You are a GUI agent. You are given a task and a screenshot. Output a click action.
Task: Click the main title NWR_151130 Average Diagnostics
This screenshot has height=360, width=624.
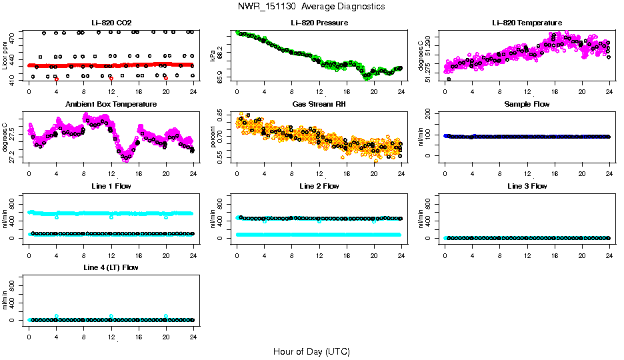[x=311, y=7]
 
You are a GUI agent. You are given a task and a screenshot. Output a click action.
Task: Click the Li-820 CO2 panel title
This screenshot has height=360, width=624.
[x=111, y=23]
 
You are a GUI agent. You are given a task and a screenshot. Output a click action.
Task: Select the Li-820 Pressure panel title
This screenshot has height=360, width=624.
[x=319, y=23]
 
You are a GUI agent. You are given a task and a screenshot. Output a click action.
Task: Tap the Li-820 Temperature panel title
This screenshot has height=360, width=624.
[x=527, y=23]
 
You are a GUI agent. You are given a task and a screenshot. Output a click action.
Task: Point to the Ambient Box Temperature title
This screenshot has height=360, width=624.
[x=111, y=105]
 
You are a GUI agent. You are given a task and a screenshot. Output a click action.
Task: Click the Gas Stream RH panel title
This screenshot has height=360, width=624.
[x=319, y=105]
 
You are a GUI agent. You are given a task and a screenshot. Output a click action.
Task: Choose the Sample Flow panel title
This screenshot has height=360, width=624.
[x=527, y=105]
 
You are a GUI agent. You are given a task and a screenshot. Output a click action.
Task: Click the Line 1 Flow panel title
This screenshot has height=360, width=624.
[x=111, y=186]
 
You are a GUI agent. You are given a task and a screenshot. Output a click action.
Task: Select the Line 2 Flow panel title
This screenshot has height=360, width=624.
[x=319, y=186]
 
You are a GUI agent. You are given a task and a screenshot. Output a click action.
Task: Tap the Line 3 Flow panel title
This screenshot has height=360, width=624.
[x=527, y=186]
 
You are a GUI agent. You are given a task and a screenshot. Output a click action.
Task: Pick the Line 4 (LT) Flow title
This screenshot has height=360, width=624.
[x=111, y=267]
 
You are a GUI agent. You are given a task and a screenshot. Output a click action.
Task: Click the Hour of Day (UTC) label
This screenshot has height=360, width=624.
[x=311, y=351]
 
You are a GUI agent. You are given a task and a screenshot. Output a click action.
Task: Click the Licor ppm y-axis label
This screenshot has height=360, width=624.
[x=5, y=55]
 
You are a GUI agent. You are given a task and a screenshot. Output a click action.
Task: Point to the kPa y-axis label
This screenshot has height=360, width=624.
[x=213, y=55]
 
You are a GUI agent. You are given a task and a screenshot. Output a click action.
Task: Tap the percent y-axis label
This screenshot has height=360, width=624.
[x=213, y=136]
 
